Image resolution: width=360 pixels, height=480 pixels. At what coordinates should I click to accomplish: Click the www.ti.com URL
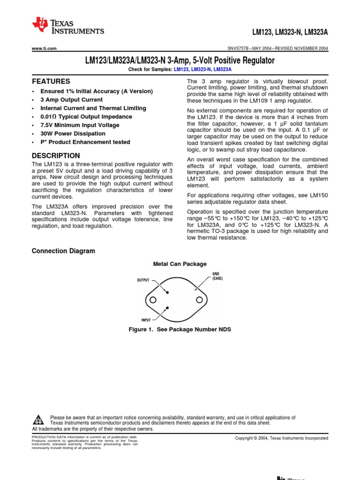click(x=44, y=48)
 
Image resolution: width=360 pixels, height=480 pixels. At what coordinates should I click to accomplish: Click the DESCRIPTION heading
click(x=55, y=156)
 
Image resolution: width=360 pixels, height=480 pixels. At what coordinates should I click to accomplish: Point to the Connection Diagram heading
click(x=63, y=251)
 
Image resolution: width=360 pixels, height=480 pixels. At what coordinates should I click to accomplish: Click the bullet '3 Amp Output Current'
click(x=71, y=100)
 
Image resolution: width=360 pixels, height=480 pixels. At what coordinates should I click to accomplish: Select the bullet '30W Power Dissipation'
click(x=73, y=134)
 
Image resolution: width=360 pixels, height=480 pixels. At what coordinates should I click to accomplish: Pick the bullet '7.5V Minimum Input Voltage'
click(x=80, y=125)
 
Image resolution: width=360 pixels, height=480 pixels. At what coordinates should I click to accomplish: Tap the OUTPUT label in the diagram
click(x=143, y=280)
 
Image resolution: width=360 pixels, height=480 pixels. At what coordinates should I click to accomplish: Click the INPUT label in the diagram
click(x=146, y=320)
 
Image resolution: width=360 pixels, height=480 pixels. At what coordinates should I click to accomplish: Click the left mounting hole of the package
click(x=153, y=300)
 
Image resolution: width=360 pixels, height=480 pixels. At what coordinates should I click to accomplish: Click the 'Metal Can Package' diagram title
click(x=180, y=264)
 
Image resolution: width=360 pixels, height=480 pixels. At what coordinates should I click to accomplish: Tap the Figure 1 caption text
click(x=180, y=330)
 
